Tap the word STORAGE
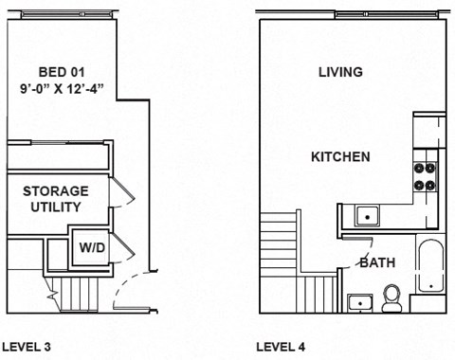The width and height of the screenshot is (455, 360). coord(56,190)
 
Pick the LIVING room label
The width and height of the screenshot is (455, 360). coord(340,72)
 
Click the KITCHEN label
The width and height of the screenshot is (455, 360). coord(340,157)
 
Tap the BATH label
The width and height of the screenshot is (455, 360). coord(377,262)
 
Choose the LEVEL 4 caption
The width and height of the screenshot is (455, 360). coord(281,347)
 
